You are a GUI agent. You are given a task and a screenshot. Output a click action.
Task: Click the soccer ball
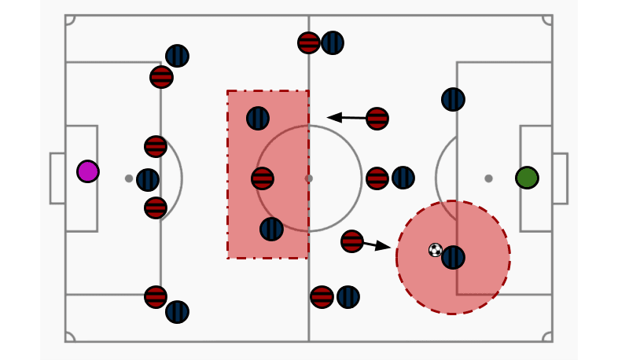pos(436,250)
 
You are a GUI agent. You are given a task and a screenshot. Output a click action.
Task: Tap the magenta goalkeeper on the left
pos(88,171)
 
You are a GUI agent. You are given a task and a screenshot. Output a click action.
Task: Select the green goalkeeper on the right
pos(527,178)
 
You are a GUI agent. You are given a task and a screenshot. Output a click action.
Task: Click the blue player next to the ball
pos(453,258)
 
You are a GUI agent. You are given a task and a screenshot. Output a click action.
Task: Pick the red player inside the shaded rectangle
pos(263,178)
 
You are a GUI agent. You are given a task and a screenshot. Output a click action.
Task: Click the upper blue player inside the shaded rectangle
pos(258,119)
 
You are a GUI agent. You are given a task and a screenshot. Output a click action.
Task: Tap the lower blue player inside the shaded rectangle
pos(271,230)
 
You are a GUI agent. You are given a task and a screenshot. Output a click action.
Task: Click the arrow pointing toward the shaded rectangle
pos(346,118)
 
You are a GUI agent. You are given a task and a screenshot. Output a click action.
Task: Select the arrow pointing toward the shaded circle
pos(377,245)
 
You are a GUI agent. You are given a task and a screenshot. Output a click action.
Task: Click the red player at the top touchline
pos(309,43)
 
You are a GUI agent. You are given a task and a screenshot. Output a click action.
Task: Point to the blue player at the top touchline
pos(333,43)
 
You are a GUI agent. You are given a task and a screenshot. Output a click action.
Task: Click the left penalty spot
pos(129,178)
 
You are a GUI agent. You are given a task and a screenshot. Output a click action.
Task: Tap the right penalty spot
pos(488,178)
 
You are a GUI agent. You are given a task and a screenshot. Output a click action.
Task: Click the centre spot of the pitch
pos(309,178)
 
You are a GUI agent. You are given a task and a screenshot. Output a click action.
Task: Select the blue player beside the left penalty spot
pos(148,180)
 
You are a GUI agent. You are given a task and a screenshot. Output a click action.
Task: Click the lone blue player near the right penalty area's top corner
pos(453,100)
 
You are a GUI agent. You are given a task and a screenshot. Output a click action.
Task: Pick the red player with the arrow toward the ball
pos(352,241)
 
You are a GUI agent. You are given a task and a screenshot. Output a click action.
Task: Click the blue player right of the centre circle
pos(403,178)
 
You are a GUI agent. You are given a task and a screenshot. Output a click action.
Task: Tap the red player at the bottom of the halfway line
pos(322,297)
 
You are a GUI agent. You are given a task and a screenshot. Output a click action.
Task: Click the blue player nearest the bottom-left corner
pos(177,312)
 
